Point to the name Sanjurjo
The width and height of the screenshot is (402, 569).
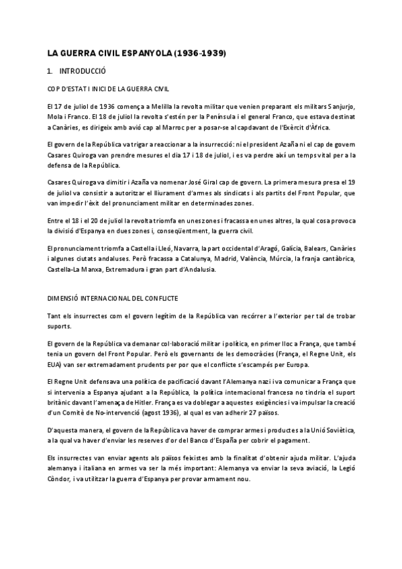[344, 107]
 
